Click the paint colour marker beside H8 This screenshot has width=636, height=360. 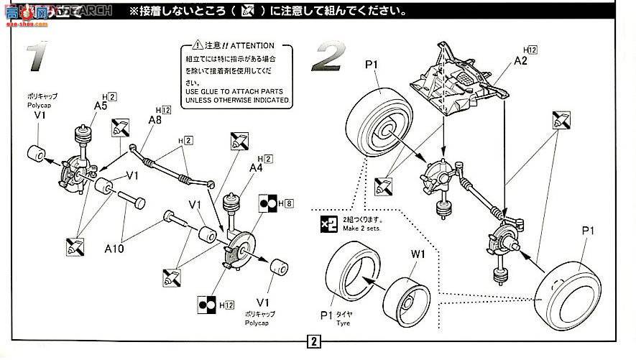pyautogui.click(x=268, y=203)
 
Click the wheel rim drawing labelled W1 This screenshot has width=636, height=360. pyautogui.click(x=407, y=299)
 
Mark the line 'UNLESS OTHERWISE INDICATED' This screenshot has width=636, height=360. pyautogui.click(x=236, y=100)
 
